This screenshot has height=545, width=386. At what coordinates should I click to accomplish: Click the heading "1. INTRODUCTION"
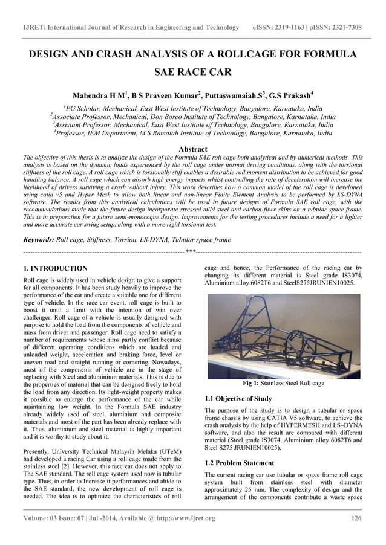[55, 268]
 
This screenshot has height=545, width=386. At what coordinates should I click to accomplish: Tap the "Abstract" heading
[193, 149]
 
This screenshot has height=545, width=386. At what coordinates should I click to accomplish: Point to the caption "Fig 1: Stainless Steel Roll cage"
[283, 383]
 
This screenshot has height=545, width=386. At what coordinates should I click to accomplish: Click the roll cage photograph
[283, 336]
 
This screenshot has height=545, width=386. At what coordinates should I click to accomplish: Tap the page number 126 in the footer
[356, 518]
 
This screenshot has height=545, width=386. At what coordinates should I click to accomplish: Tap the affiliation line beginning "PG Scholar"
[193, 108]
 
